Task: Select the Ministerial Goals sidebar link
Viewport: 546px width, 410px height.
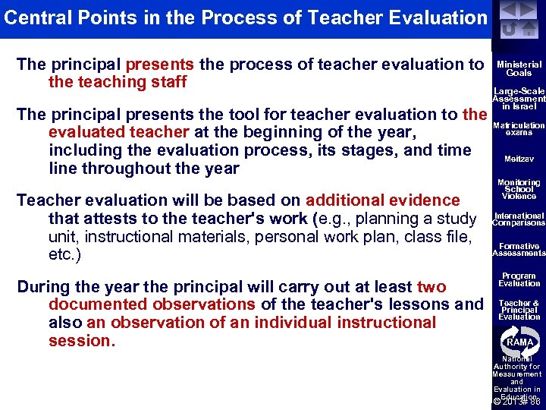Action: (519, 69)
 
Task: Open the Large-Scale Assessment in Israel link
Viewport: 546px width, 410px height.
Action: (519, 98)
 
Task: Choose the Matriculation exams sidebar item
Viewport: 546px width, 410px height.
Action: (519, 129)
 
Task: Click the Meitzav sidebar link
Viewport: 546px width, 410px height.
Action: (519, 159)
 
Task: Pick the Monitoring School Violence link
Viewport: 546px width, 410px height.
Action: (519, 189)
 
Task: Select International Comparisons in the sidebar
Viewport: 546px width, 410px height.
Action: (519, 219)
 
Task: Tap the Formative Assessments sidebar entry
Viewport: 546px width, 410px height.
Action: (519, 250)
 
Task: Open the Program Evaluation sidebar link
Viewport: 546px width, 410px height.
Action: (519, 279)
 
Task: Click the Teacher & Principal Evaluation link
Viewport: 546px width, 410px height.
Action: (519, 310)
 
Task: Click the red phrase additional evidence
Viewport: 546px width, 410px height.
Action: (382, 200)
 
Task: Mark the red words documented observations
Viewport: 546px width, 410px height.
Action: (152, 304)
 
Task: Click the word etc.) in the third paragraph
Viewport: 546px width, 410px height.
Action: (65, 255)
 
